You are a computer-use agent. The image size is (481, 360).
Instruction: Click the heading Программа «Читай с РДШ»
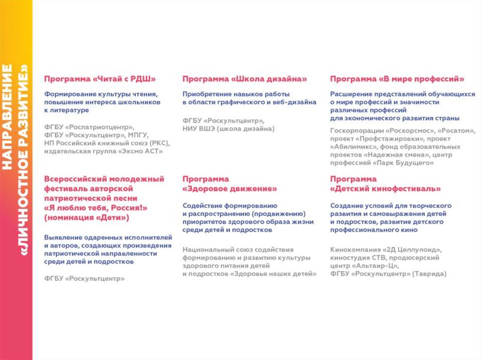(x=100, y=79)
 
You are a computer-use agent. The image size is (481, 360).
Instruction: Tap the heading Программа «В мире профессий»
(x=397, y=79)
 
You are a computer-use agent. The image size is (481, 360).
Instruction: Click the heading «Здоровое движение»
(x=230, y=189)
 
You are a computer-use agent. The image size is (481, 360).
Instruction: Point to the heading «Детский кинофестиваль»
(x=385, y=189)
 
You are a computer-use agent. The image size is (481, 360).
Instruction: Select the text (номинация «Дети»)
(x=86, y=218)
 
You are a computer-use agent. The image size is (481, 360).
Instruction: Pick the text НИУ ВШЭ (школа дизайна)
(x=228, y=129)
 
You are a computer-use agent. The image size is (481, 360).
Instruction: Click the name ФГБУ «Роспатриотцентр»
(x=89, y=127)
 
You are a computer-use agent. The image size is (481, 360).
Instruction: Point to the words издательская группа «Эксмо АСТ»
(x=103, y=151)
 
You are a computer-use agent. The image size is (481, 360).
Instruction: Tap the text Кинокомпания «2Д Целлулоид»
(x=386, y=250)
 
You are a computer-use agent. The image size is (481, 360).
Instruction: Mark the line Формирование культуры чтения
(x=101, y=93)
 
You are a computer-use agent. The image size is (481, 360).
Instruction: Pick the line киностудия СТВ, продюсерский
(x=385, y=258)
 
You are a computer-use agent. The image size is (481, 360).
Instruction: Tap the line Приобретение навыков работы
(x=236, y=93)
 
